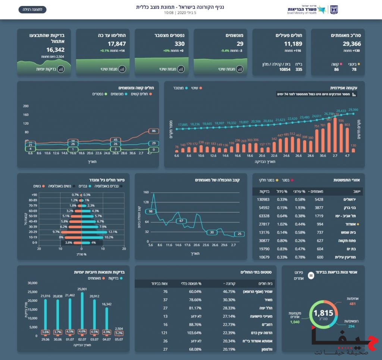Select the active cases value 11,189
pos(294,44)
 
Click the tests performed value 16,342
pos(55,50)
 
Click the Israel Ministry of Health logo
pos(307,10)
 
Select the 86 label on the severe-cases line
pos(153,131)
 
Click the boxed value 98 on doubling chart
pos(151,212)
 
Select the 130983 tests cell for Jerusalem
pos(263,199)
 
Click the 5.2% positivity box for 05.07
pos(119,333)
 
